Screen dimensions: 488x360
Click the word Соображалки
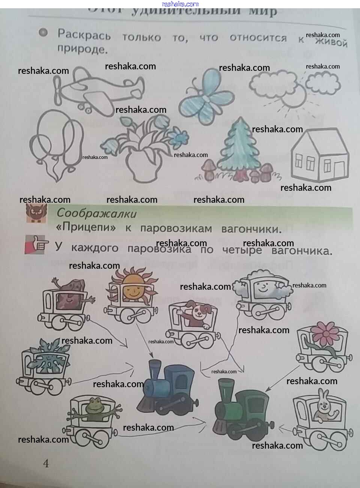96,213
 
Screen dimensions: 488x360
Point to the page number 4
46,464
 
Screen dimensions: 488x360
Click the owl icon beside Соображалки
36,214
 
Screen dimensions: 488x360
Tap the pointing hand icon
36,245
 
